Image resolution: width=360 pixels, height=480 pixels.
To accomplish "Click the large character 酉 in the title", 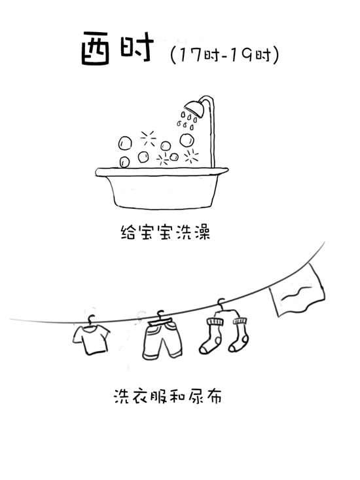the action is pos(95,48).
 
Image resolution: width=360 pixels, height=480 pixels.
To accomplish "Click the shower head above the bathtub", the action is pos(194,109).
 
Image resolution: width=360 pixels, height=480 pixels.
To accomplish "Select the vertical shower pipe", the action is pos(212,135).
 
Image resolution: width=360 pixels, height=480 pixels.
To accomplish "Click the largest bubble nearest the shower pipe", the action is pos(187,141).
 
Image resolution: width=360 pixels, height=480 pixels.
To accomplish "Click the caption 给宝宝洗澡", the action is pos(166,232).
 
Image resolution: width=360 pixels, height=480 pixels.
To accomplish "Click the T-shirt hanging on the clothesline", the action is pos(91,339).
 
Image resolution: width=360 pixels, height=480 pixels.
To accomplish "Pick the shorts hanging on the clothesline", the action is pos(162,339).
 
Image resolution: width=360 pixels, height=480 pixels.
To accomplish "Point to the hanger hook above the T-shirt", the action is pos(91,320).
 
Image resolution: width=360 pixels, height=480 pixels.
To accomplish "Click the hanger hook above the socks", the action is pos(221,303).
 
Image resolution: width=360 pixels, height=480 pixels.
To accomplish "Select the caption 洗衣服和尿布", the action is pos(168,396).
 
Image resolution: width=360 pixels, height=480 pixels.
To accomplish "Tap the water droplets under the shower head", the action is pos(187,120).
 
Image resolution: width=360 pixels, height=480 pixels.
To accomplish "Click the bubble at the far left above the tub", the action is pos(125,143).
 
